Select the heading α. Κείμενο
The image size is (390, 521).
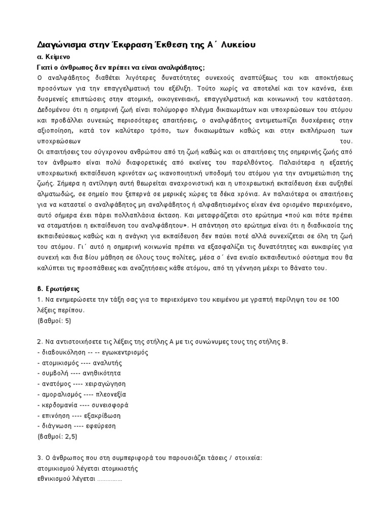tap(54, 57)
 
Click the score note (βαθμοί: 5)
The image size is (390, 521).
tap(54, 321)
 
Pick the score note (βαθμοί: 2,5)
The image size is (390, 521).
tap(57, 436)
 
